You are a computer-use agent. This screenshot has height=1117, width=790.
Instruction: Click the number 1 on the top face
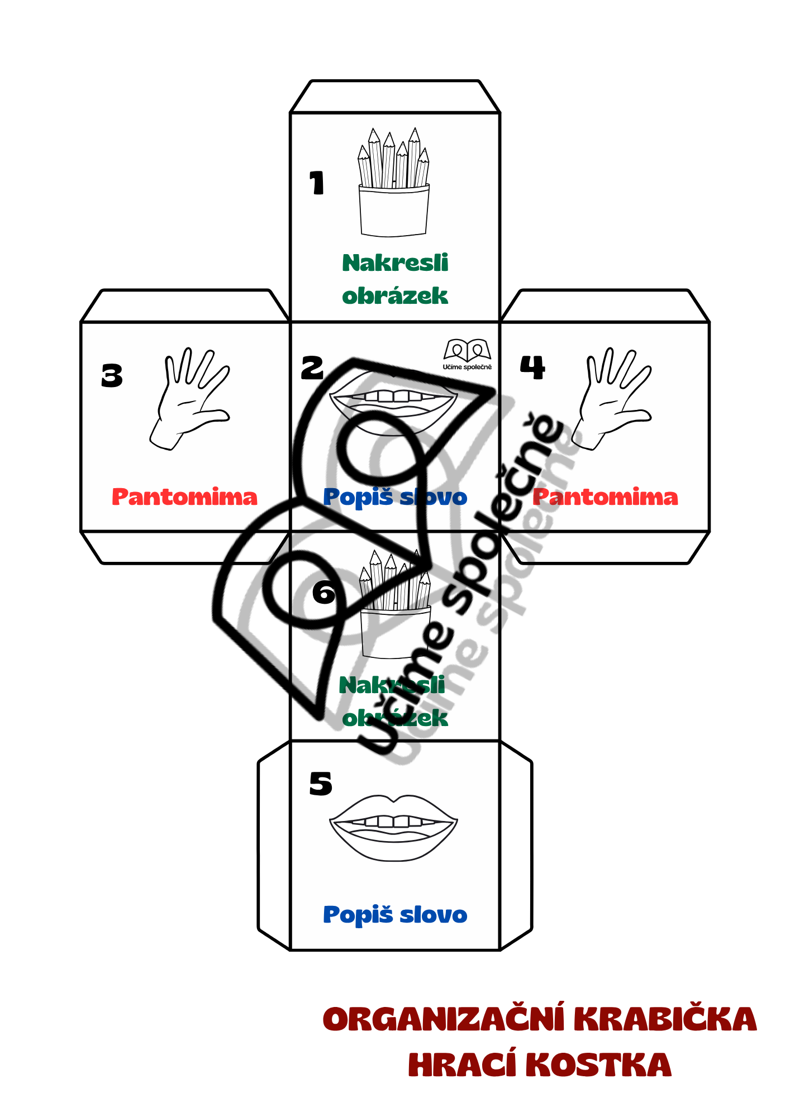[317, 183]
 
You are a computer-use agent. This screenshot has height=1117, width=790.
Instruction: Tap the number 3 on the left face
[112, 375]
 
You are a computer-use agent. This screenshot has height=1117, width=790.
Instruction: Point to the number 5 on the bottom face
[321, 784]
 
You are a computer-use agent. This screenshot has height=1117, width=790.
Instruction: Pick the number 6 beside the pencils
[324, 592]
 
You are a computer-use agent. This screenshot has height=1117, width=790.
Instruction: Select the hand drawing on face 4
[613, 398]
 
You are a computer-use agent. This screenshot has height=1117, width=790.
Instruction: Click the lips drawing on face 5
[394, 827]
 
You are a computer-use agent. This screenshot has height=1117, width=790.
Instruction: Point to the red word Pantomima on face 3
[184, 497]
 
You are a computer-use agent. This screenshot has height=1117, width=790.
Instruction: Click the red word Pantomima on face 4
[605, 497]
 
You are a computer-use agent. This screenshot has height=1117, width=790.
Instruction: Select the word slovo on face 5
[434, 915]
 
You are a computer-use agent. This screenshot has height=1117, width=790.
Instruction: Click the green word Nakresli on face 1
[395, 263]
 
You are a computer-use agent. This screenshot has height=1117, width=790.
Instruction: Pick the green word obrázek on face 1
[395, 296]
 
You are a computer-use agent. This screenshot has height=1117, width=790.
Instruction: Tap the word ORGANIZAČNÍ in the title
[444, 1020]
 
